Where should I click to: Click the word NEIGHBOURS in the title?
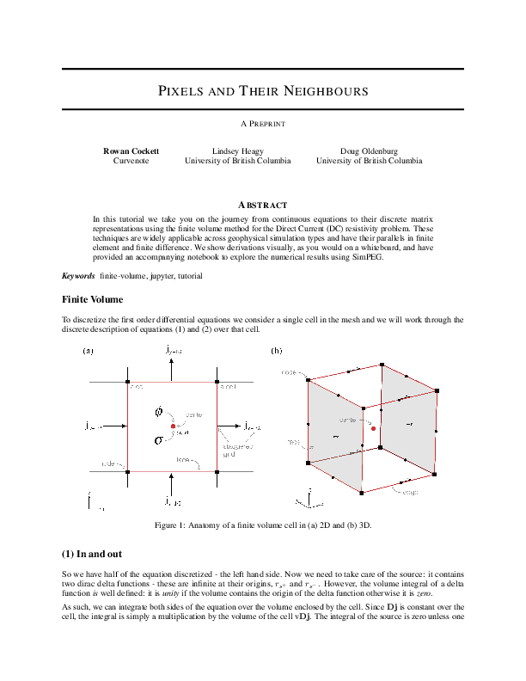pos(321,91)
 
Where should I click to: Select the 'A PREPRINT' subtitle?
pos(263,125)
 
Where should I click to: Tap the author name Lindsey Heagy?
pos(238,150)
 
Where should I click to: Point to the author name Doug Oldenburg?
pos(369,150)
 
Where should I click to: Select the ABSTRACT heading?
pos(263,205)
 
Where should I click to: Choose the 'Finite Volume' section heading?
pos(92,299)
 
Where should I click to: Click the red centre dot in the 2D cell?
pos(173,426)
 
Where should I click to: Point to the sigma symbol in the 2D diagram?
pos(158,441)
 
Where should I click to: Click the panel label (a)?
pos(88,351)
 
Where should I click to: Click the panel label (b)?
pos(276,351)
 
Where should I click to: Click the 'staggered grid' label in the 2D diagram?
pos(236,450)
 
